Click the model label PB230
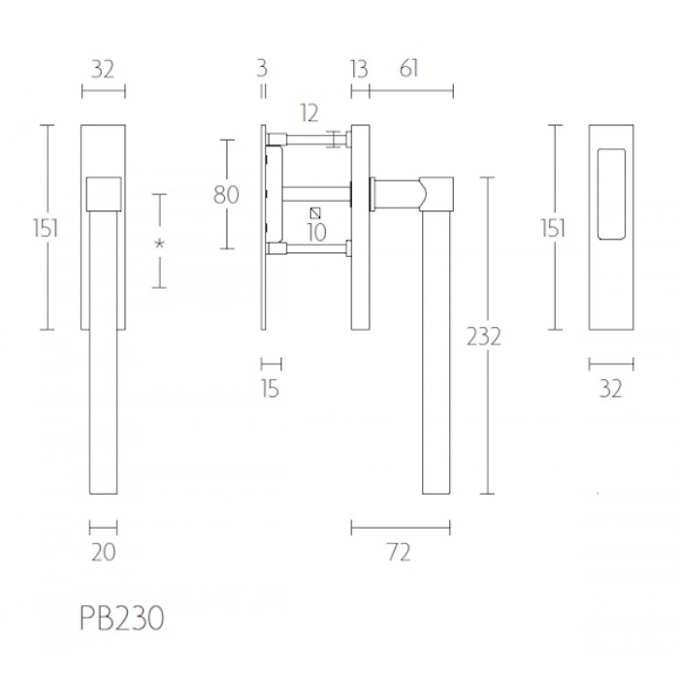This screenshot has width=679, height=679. click(122, 618)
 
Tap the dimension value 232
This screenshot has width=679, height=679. click(484, 336)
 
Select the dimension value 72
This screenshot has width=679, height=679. click(399, 553)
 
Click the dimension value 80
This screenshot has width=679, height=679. click(226, 194)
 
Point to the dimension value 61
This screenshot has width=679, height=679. click(408, 69)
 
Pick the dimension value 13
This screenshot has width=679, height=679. click(359, 69)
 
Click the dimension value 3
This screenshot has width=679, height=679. click(262, 69)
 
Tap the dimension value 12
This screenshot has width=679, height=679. click(309, 113)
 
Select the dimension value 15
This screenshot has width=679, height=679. click(271, 388)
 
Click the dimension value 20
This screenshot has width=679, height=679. click(104, 552)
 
